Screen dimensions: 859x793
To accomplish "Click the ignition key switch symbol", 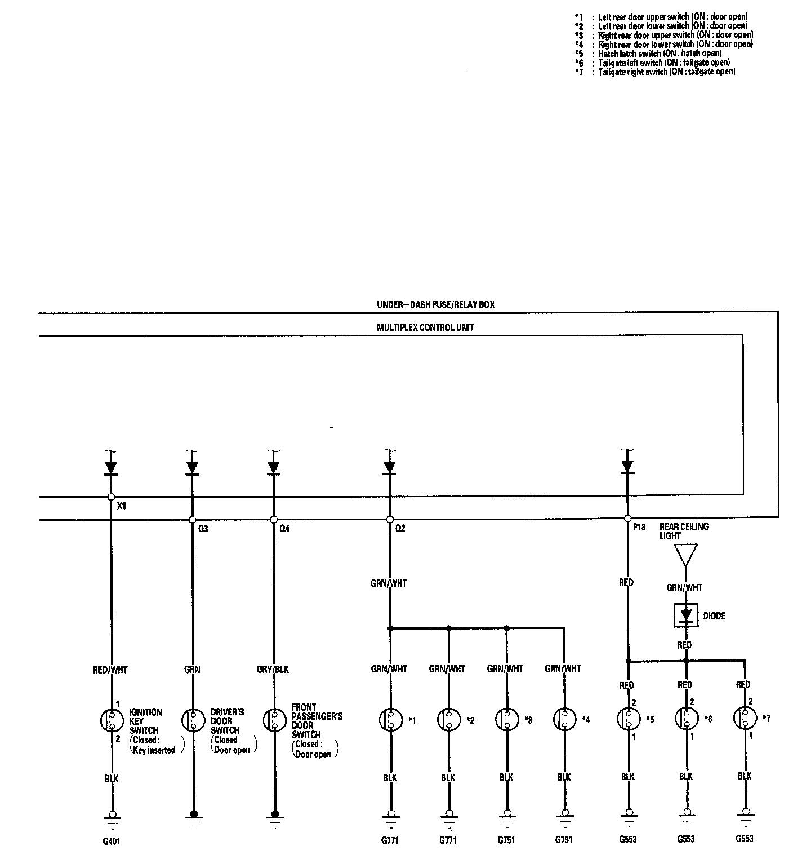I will coord(112,720).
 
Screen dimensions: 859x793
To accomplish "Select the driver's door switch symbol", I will coord(192,720).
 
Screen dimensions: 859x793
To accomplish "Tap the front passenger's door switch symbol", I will coord(274,720).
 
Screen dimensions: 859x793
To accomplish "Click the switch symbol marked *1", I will coord(390,720).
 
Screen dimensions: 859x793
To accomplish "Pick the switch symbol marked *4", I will coord(564,720).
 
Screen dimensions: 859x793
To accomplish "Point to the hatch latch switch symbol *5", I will coord(627,719).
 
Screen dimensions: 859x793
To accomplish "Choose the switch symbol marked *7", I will coord(744,719).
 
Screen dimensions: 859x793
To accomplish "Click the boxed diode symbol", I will coord(686,615).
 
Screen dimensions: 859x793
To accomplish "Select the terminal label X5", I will coord(122,506).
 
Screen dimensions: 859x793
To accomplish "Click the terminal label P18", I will coord(639,528).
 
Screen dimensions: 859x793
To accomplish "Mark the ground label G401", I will coord(112,842).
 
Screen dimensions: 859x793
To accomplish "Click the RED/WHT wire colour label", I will coord(110,670).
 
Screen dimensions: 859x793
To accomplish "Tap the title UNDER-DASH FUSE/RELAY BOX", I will coord(435,305).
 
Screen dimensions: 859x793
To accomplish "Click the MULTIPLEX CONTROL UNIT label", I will coord(425,327).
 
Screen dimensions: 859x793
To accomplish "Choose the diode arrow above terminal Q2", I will coord(389,467).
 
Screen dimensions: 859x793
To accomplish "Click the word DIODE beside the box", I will coord(714,616).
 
